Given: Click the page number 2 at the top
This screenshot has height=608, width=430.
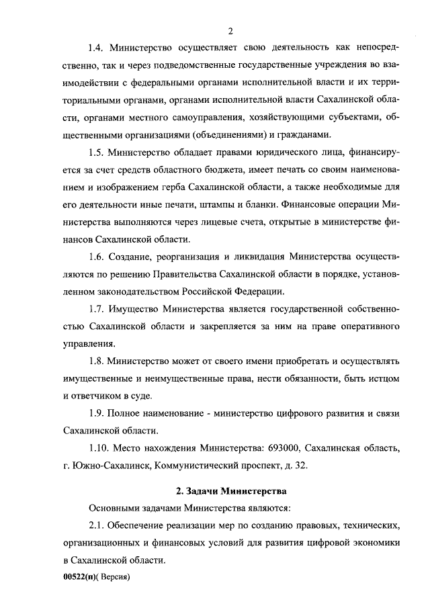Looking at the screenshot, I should [230, 31].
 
